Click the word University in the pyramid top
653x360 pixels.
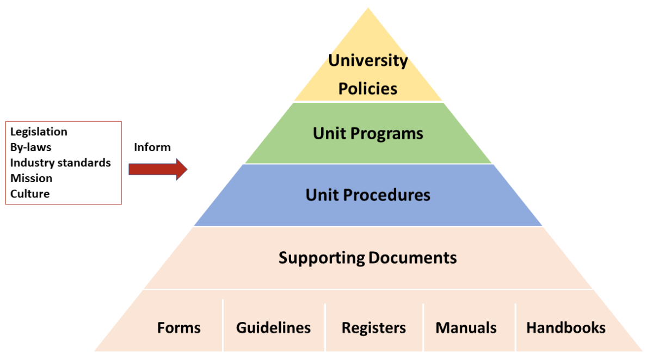click(368, 60)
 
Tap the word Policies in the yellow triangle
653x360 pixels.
click(368, 89)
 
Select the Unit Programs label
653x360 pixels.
click(368, 133)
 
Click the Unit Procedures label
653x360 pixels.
click(368, 195)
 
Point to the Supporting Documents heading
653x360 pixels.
click(368, 257)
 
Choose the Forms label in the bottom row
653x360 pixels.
click(179, 328)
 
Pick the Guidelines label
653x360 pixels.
click(273, 328)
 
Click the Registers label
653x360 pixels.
click(373, 328)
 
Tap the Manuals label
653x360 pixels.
click(466, 328)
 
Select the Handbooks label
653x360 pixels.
click(566, 327)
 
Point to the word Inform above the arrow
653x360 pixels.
click(152, 147)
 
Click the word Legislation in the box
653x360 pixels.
click(39, 132)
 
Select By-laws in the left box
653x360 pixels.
click(30, 147)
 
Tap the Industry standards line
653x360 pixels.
click(60, 163)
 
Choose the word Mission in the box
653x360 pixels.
click(32, 178)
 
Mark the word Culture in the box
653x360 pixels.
click(30, 194)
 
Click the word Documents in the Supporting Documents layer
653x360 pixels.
click(412, 257)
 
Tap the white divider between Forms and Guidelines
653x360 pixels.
click(223, 325)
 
